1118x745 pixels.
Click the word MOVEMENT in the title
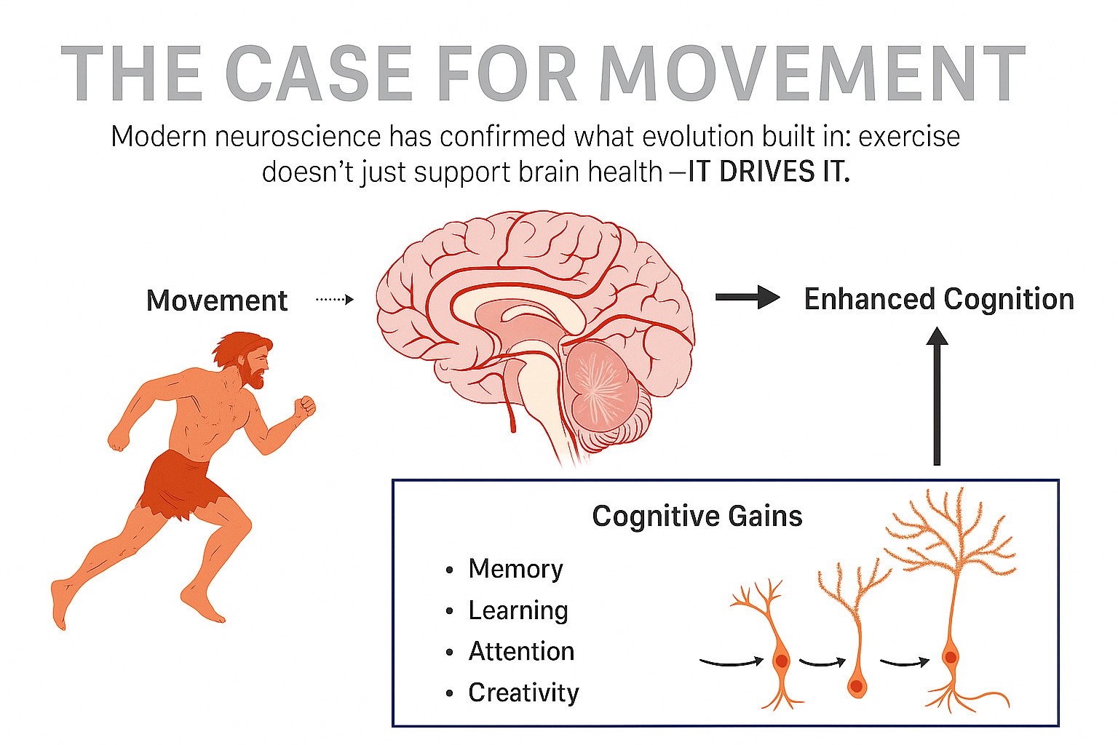(x=812, y=73)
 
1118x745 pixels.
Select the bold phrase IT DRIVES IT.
(x=769, y=172)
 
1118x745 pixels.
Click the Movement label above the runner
(x=217, y=300)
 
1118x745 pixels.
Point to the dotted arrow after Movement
(x=335, y=299)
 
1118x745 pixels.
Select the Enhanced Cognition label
(x=939, y=299)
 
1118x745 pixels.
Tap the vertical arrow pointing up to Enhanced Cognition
(x=937, y=397)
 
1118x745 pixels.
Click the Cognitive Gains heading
(x=697, y=516)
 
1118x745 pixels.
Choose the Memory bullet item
(x=515, y=569)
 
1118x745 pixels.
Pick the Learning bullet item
(x=518, y=610)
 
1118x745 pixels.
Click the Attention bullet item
(x=521, y=651)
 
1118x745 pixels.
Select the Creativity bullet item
(x=523, y=693)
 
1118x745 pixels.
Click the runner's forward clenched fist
(x=305, y=406)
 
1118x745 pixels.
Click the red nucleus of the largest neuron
(x=950, y=657)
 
